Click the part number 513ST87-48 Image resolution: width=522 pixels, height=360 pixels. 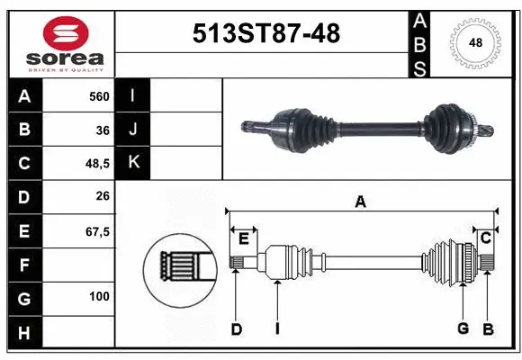[266, 34]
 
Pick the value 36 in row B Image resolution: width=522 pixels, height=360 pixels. [102, 130]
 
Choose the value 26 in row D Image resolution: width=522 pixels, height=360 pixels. [102, 197]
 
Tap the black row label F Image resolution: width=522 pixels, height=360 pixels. [23, 265]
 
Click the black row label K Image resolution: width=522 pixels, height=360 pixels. [133, 163]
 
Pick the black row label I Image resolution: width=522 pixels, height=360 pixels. [133, 95]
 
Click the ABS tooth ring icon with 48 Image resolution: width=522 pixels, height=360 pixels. [474, 43]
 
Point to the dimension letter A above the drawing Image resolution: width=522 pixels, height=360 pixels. [360, 202]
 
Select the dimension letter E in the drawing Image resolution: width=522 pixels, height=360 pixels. [244, 238]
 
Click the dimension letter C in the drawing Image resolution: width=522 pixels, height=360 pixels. [485, 238]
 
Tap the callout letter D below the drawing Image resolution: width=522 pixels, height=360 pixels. [236, 329]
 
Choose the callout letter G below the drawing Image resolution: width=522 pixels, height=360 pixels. [463, 329]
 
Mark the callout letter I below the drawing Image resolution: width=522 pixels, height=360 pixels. [277, 329]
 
